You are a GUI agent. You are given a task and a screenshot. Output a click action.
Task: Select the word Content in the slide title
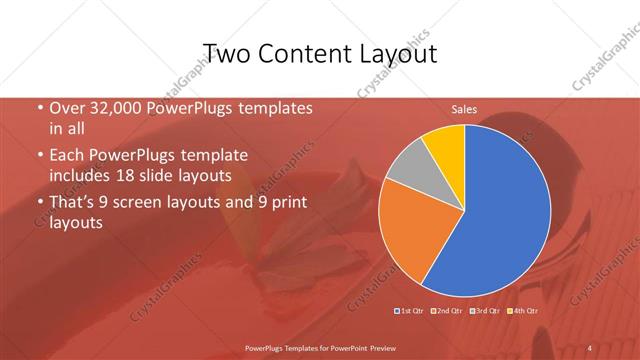coord(301,53)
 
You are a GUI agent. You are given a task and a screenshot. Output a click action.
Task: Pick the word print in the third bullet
coord(289,203)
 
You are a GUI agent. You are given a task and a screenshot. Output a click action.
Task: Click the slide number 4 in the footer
coord(590,347)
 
